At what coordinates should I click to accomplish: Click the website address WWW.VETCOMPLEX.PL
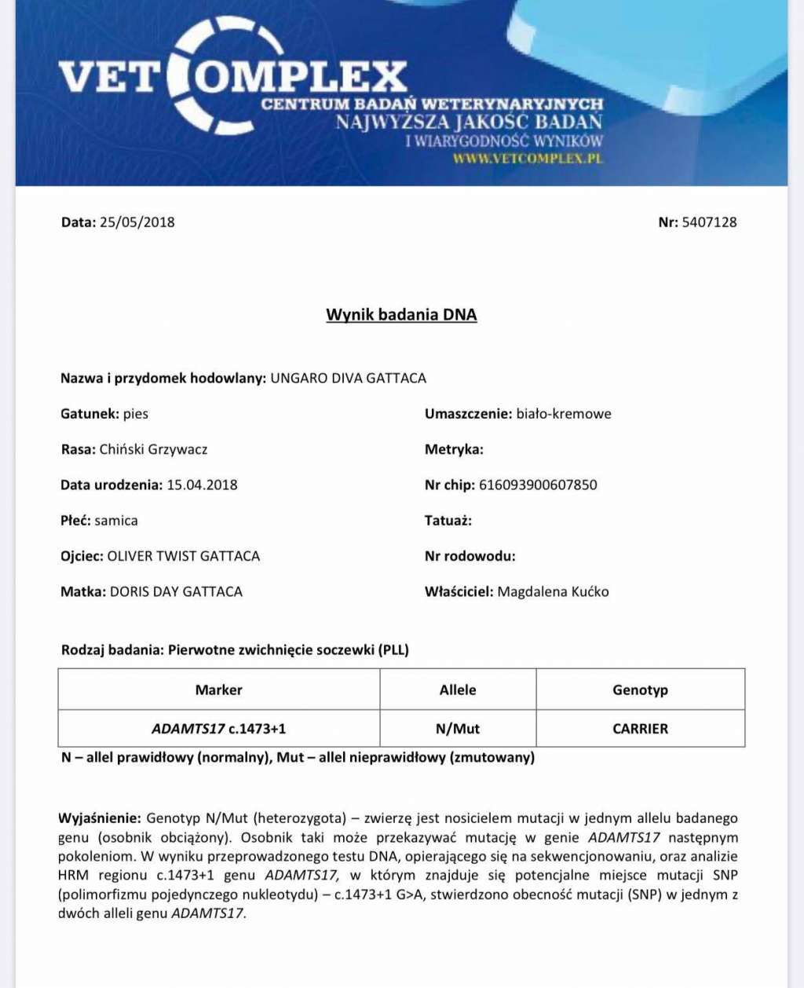[x=528, y=158]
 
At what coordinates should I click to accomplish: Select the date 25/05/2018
[x=137, y=222]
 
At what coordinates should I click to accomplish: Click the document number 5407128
[x=709, y=222]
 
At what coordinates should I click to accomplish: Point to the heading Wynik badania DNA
[x=401, y=315]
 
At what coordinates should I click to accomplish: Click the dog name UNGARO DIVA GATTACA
[x=348, y=379]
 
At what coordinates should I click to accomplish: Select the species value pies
[x=136, y=414]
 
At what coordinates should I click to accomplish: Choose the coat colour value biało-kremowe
[x=563, y=414]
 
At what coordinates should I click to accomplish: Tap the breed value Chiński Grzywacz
[x=153, y=449]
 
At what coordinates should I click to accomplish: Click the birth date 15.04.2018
[x=202, y=485]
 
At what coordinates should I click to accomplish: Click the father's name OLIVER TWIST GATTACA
[x=183, y=556]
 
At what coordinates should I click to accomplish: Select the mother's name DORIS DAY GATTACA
[x=176, y=591]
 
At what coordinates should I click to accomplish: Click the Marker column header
[x=218, y=690]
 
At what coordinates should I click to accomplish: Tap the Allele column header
[x=458, y=690]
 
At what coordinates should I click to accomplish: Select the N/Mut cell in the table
[x=458, y=729]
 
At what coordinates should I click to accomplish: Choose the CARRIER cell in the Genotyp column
[x=640, y=729]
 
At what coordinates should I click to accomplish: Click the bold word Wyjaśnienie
[x=100, y=818]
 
